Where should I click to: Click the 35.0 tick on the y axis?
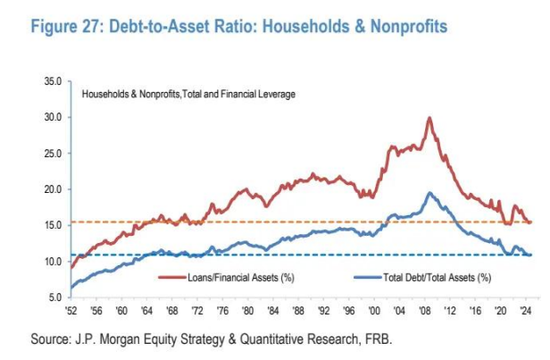[51, 81]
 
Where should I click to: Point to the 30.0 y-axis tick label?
[51, 117]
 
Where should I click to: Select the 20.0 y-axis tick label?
[51, 189]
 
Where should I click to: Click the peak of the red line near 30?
[430, 118]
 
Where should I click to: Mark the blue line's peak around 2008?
[429, 193]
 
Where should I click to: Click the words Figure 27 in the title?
[69, 27]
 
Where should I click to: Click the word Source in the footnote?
[52, 339]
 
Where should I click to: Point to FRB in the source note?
[376, 339]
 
